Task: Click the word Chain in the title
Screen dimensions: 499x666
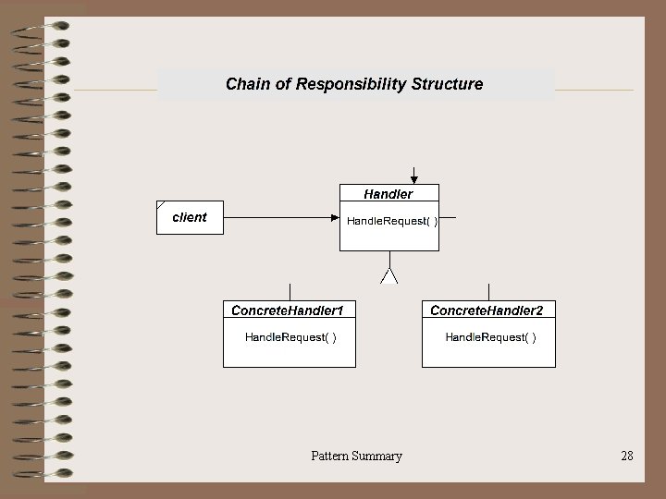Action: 246,84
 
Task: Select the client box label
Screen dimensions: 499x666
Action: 190,217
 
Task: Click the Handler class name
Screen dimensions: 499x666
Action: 388,194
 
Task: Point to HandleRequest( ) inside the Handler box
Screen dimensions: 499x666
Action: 392,221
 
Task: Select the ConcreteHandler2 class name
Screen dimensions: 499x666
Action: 487,310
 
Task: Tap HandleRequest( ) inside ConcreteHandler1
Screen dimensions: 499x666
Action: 290,337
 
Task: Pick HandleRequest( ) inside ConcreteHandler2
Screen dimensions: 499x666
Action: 490,337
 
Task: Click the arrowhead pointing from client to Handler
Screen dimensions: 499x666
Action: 335,218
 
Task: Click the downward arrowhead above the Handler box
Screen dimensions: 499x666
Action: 414,179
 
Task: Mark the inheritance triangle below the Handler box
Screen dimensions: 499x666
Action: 389,274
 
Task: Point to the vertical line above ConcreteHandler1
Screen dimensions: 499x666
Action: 290,291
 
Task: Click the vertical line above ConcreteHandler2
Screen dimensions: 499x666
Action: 489,291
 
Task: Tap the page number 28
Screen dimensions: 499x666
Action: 627,456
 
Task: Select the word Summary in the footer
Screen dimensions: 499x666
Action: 379,456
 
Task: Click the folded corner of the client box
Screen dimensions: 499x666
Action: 161,204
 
